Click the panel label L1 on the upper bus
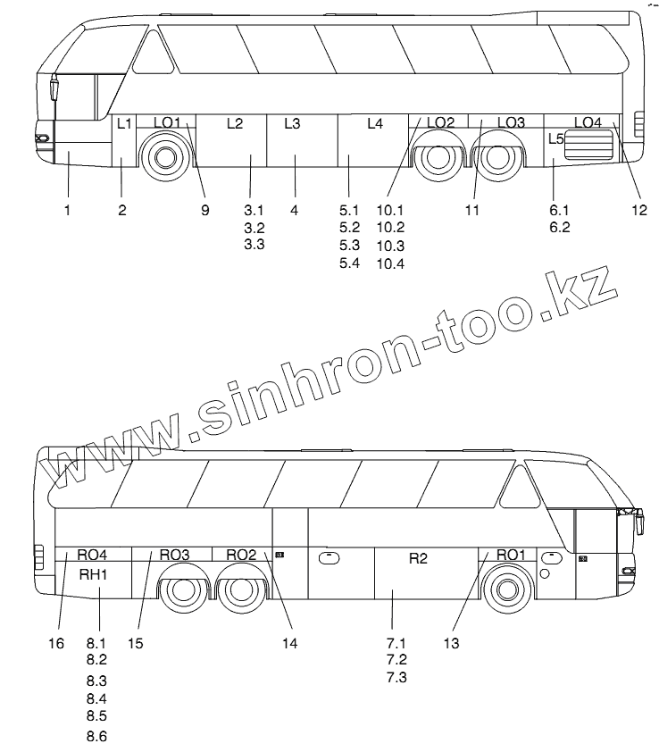[x=125, y=123]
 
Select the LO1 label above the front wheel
[x=166, y=122]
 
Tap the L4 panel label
[x=375, y=123]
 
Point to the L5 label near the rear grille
[x=555, y=139]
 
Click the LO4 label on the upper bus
[x=588, y=122]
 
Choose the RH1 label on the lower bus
[x=93, y=573]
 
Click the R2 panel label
[x=418, y=558]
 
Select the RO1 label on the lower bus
[x=511, y=555]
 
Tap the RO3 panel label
[x=174, y=555]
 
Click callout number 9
[x=204, y=210]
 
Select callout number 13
[x=451, y=642]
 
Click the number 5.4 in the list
[x=349, y=262]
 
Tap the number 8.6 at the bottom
[x=96, y=736]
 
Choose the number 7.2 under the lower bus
[x=396, y=659]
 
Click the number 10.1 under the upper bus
[x=390, y=210]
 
